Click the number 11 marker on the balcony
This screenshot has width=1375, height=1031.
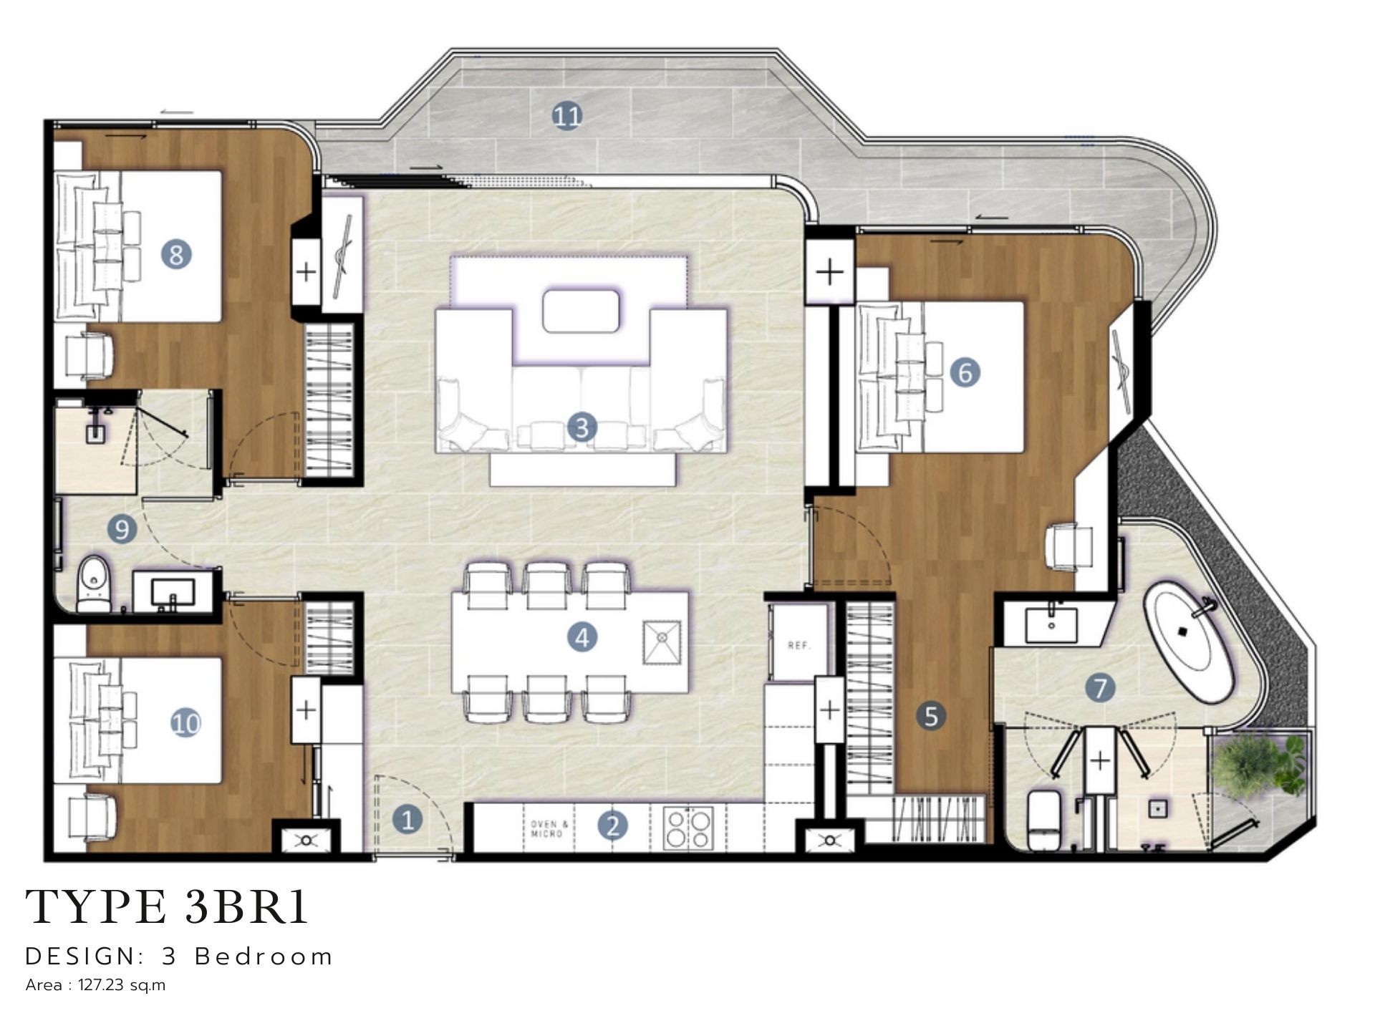566,115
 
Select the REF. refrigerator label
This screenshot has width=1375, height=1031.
799,645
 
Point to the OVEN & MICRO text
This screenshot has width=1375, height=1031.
550,829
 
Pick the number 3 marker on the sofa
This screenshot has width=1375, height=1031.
581,427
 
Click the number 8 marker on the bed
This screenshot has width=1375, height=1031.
176,254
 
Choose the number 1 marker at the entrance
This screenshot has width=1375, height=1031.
407,820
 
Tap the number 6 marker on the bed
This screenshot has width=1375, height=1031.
965,372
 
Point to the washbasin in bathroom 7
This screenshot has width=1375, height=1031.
1051,624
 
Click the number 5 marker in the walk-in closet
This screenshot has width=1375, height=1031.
931,715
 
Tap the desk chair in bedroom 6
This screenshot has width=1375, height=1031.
1069,548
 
